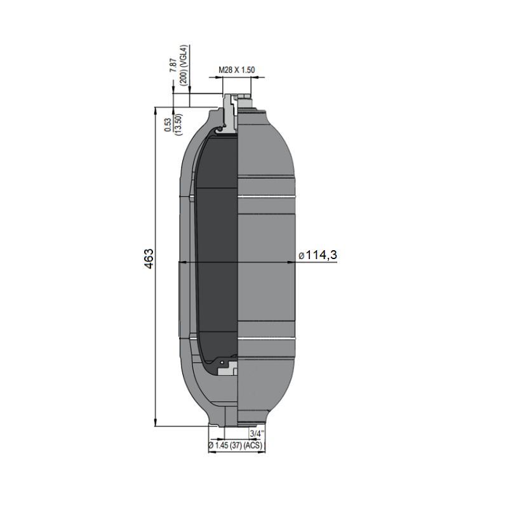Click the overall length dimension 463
149,259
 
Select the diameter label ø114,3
317,255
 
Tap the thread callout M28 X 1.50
236,70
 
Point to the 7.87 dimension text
173,65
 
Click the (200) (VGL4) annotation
184,65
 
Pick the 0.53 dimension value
168,124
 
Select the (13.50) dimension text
178,124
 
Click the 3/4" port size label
257,434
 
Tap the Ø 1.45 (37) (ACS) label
235,446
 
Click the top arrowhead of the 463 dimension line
156,110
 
